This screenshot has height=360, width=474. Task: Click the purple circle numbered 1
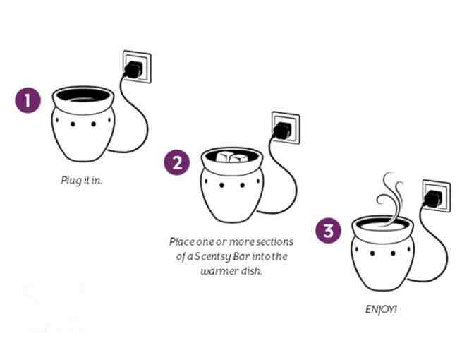pos(28,100)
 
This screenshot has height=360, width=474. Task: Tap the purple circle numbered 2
pos(177,162)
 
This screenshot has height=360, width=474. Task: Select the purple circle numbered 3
pos(329,231)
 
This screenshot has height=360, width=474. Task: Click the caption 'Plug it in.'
pos(81,180)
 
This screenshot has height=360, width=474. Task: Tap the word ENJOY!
pos(381,309)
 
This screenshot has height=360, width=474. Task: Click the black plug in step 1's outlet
pos(133,70)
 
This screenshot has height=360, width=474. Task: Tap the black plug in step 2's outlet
pos(281,131)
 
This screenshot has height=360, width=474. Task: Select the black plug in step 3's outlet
pos(432,199)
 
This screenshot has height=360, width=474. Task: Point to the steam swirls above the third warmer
pos(390,198)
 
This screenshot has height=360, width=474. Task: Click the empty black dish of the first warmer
pos(83,95)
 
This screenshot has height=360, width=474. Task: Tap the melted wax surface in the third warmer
pos(383,227)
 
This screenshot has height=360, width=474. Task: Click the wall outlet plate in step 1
pos(137,67)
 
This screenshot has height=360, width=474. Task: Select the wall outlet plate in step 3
pos(437,196)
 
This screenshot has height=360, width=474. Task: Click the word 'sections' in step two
pos(274,241)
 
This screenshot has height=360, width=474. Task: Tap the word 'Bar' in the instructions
pos(241,256)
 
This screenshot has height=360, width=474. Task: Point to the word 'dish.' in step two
pos(251,270)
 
